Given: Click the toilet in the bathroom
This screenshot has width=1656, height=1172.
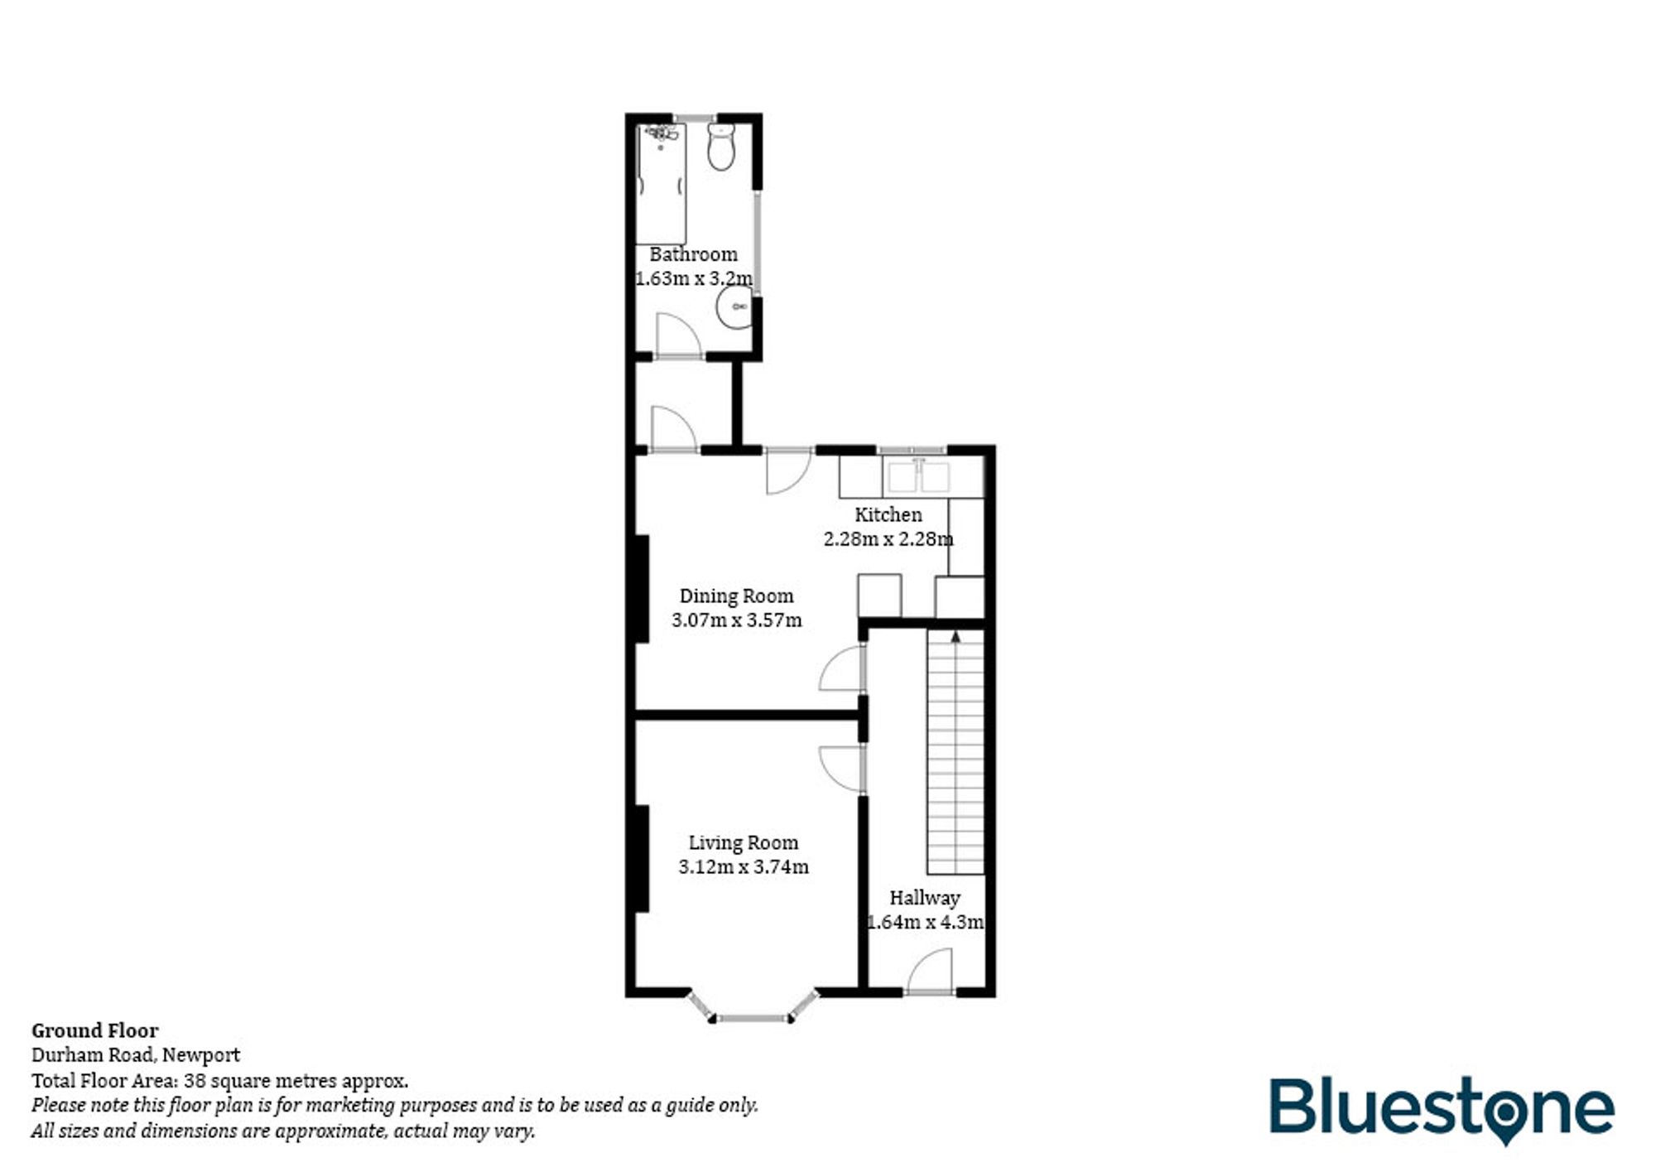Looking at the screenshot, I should click(721, 148).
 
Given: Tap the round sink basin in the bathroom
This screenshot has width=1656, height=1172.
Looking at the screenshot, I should click(734, 307).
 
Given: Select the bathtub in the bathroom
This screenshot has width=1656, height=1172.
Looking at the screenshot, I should click(661, 184).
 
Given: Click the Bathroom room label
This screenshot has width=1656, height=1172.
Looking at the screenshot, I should click(693, 254).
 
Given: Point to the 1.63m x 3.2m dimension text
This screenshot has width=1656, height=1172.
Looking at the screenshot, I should click(694, 278).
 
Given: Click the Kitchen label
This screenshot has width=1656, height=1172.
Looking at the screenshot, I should click(888, 514).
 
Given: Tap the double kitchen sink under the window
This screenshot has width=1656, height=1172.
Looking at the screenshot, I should click(917, 476).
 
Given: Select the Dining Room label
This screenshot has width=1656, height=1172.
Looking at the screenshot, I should click(736, 596).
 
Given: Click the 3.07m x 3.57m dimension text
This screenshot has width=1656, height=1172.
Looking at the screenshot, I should click(736, 620).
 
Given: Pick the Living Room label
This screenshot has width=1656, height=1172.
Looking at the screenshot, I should click(744, 842).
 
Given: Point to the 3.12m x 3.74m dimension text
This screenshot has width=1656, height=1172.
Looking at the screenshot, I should click(744, 866).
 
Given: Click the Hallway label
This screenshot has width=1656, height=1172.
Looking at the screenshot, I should click(925, 898).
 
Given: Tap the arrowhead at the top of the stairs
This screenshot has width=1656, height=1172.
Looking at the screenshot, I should click(956, 637).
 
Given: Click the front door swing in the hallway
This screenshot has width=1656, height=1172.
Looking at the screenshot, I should click(931, 971).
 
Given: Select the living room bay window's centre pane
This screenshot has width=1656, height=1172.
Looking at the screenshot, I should click(753, 1017).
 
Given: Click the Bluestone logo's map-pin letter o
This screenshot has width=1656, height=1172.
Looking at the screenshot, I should click(1506, 1109).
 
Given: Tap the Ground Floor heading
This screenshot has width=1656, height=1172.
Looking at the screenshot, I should click(95, 1030).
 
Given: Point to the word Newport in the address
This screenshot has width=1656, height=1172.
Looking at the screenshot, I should click(201, 1055).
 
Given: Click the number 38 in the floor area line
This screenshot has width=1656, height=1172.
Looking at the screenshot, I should click(195, 1080).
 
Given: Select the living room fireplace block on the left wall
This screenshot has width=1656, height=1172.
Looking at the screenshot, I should click(642, 858).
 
